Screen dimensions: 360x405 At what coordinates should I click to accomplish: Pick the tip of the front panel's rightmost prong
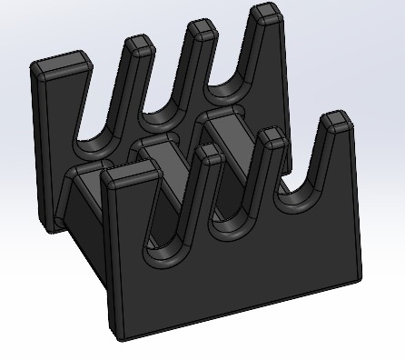tap(337, 119)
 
